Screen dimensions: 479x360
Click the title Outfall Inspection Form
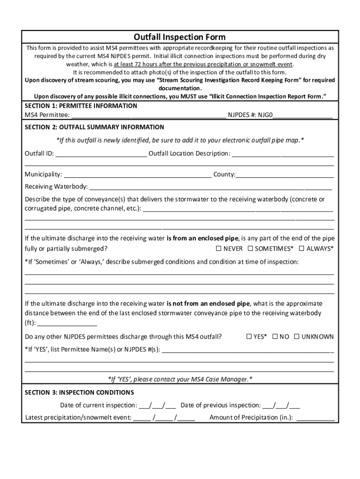pos(180,37)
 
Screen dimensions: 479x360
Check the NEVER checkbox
pos(218,248)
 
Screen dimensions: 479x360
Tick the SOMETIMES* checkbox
pos(250,248)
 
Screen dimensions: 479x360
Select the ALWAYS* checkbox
pos(302,248)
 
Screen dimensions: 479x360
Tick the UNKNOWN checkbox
pos(296,336)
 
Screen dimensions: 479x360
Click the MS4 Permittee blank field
pos(149,115)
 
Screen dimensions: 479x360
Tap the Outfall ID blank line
pos(101,154)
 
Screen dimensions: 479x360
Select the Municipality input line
pos(137,175)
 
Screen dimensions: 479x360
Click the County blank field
pos(285,175)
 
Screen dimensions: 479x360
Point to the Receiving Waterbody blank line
pos(210,187)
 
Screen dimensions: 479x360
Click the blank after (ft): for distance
pos(67,323)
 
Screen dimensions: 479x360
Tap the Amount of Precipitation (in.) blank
pos(315,418)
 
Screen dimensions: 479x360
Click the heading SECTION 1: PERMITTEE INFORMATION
pos(81,106)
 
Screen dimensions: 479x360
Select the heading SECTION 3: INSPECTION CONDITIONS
pos(79,392)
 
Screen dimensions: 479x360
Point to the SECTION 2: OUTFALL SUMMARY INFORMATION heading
pos(94,127)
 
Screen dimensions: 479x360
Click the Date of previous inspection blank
pos(281,406)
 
